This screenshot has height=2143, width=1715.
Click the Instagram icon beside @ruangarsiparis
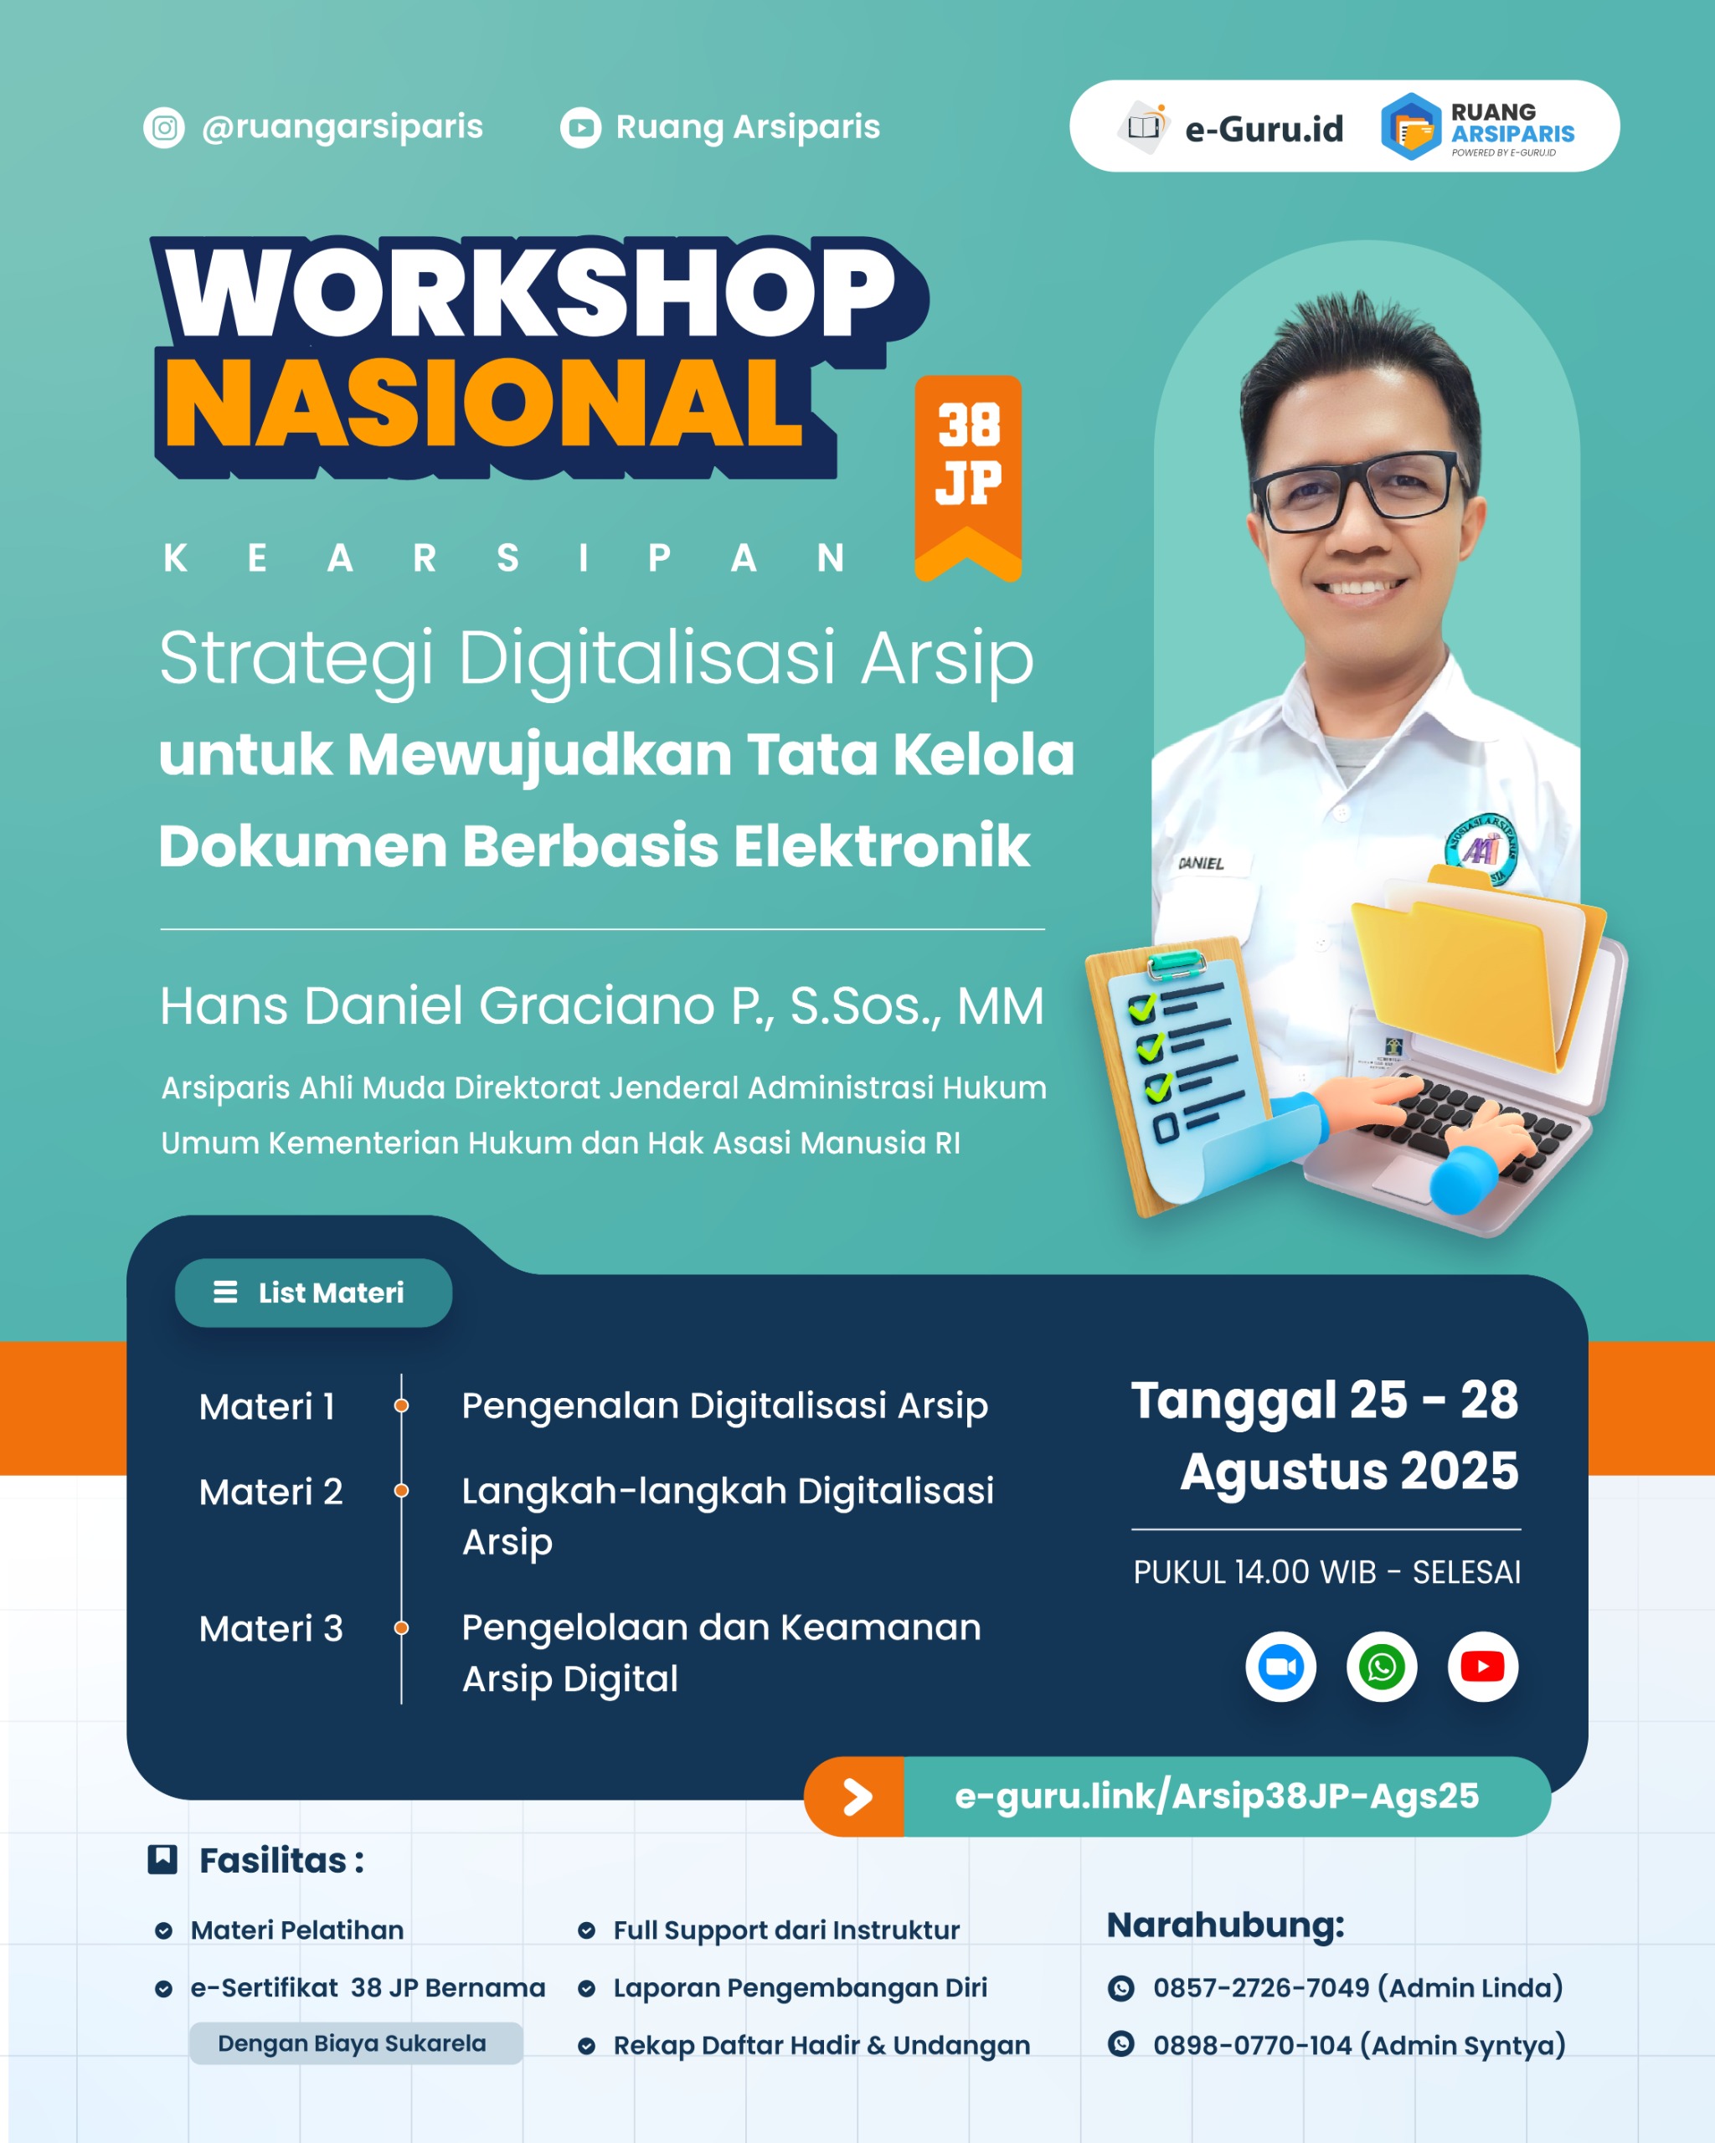(164, 128)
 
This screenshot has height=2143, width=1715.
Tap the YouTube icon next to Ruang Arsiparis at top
(580, 128)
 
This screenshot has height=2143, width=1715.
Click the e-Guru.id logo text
(1264, 129)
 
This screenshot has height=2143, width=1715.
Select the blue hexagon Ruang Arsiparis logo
(1411, 127)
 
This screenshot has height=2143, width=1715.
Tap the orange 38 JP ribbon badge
(968, 478)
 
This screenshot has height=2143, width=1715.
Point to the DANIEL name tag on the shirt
(1201, 863)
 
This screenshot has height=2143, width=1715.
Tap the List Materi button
(313, 1292)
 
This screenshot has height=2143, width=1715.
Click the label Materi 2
(270, 1492)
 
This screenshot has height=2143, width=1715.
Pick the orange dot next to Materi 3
(402, 1628)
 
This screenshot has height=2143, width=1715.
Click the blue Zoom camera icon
(1280, 1667)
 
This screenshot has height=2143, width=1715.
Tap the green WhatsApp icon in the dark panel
(1382, 1667)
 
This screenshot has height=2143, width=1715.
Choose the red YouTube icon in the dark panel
(1482, 1667)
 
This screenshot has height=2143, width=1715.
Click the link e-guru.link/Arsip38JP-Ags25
(1217, 1796)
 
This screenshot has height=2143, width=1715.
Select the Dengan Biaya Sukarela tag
(356, 2043)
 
